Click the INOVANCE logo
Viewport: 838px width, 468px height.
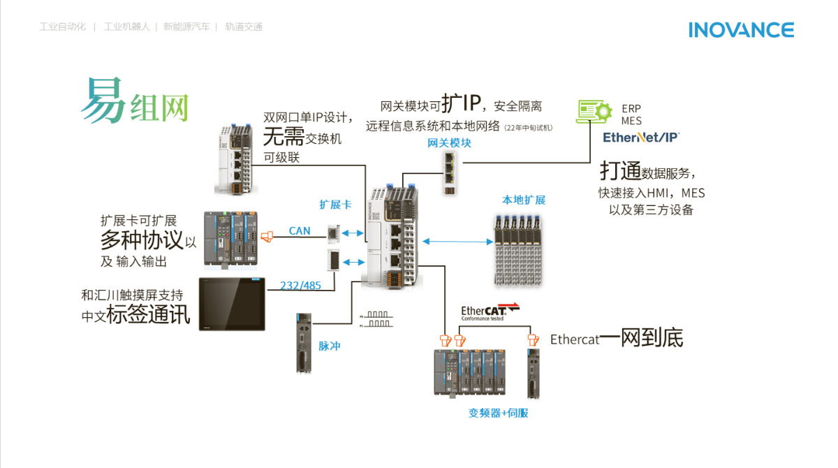click(741, 30)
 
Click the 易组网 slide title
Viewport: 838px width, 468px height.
click(135, 101)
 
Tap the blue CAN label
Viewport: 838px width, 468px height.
click(300, 231)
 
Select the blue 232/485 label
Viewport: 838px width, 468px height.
click(300, 285)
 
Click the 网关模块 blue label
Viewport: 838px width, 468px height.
click(449, 143)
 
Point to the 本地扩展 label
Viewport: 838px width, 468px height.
click(523, 200)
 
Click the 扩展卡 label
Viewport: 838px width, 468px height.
click(335, 205)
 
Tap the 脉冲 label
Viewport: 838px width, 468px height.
click(329, 346)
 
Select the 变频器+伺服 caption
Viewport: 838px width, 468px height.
click(498, 413)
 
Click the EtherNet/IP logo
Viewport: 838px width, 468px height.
click(640, 137)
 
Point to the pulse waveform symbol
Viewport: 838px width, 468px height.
click(376, 319)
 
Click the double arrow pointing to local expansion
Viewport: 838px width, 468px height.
click(457, 242)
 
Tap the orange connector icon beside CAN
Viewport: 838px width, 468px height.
click(265, 237)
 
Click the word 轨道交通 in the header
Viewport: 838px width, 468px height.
click(244, 27)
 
